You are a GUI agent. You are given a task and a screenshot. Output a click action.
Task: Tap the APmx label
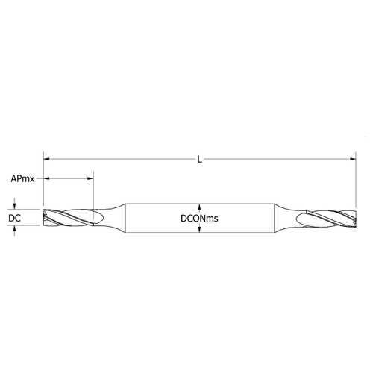22,179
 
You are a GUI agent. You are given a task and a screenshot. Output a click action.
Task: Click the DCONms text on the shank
198,218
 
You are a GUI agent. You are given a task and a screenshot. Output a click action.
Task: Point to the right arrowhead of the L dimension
351,159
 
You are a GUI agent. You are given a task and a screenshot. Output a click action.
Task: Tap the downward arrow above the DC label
15,205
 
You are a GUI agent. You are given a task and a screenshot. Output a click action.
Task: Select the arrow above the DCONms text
198,206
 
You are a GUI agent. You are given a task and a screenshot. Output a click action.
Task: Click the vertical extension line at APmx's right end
93,192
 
